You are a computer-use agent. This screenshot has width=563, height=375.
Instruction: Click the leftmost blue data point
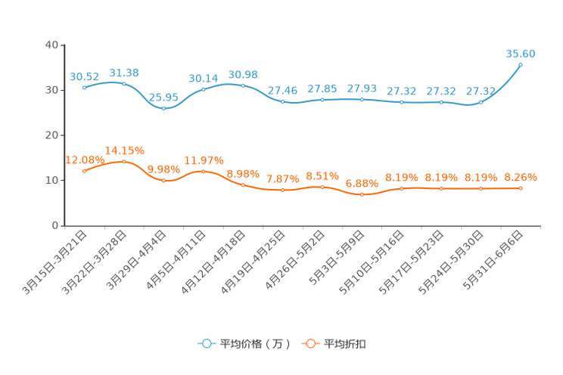[84, 87]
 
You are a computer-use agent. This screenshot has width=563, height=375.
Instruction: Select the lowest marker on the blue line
[163, 108]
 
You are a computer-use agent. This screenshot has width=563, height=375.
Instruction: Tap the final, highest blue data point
[521, 65]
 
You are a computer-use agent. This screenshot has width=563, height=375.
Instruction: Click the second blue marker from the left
[124, 82]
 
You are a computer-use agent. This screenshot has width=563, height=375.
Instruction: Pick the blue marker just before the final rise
[481, 102]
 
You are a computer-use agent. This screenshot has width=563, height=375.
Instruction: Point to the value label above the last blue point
[521, 54]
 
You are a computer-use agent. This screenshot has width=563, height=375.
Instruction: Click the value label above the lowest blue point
[163, 98]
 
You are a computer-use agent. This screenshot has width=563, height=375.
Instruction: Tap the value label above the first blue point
[84, 76]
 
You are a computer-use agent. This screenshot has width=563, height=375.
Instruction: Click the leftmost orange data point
[84, 171]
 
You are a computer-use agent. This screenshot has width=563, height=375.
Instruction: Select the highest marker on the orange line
[124, 161]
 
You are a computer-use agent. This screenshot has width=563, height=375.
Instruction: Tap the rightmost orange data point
[521, 188]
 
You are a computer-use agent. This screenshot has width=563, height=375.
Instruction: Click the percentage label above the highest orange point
[124, 150]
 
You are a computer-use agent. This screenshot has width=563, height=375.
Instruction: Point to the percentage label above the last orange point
[521, 177]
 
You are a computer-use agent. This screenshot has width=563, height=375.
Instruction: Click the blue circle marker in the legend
[206, 344]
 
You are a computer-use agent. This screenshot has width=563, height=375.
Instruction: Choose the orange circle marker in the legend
[309, 344]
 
